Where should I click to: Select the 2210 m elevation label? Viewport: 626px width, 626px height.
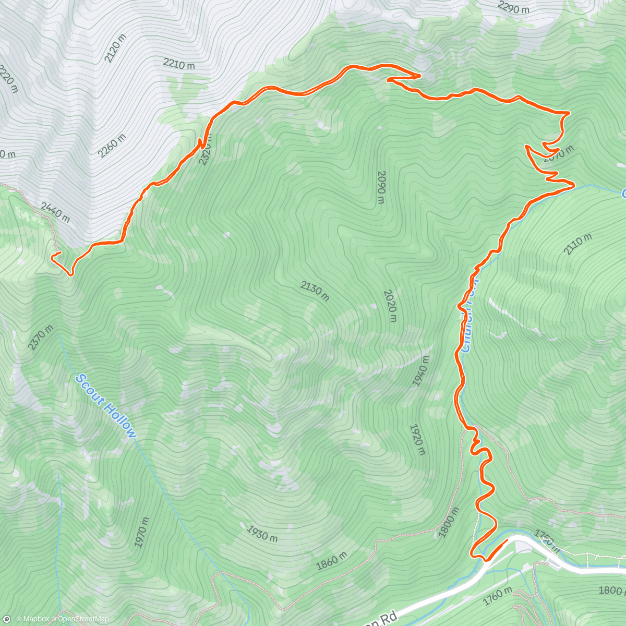pyautogui.click(x=179, y=64)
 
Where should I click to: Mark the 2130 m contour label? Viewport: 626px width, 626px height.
pyautogui.click(x=315, y=291)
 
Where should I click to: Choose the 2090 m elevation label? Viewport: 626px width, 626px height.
pyautogui.click(x=381, y=187)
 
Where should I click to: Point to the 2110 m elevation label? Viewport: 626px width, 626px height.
pyautogui.click(x=577, y=244)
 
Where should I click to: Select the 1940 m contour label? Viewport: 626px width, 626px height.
pyautogui.click(x=422, y=371)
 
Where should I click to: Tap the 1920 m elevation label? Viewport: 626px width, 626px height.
pyautogui.click(x=417, y=439)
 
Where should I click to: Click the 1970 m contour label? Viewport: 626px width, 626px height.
pyautogui.click(x=142, y=532)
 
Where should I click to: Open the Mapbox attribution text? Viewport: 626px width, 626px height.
pyautogui.click(x=33, y=619)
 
